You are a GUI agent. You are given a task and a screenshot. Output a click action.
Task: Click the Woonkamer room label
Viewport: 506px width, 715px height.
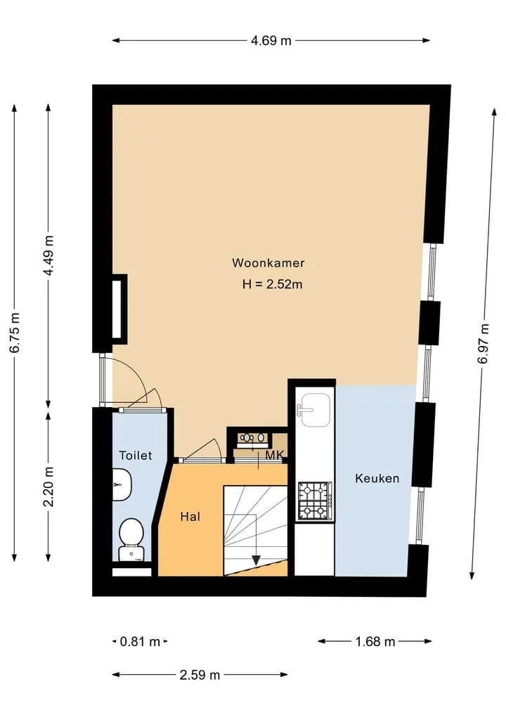[268, 263]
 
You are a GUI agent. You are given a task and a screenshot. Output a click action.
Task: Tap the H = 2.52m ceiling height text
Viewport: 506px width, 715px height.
[272, 285]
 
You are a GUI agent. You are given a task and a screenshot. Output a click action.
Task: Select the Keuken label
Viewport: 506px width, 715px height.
[377, 478]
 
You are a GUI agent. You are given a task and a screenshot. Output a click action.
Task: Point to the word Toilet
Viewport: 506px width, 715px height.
[136, 455]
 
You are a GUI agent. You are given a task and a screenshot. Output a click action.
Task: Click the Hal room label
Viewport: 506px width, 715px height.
[190, 517]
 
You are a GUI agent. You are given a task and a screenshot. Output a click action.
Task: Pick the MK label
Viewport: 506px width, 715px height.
[274, 455]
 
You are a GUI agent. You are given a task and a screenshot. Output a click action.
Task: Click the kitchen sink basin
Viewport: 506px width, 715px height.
[316, 409]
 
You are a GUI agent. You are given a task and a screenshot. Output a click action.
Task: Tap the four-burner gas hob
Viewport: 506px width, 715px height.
[315, 501]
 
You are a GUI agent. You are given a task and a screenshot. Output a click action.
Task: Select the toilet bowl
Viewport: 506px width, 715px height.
[131, 539]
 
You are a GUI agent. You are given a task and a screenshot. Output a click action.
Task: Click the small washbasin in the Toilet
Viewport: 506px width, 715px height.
[122, 484]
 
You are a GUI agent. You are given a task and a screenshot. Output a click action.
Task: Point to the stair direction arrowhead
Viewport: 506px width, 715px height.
[256, 560]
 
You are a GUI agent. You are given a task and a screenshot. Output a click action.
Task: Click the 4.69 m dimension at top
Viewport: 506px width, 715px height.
[271, 41]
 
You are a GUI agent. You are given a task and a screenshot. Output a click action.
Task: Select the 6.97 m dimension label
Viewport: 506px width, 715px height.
[484, 343]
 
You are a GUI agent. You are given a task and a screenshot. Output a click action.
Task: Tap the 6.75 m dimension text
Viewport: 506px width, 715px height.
[15, 333]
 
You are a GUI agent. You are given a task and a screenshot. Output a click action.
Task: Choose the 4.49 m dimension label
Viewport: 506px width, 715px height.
[48, 255]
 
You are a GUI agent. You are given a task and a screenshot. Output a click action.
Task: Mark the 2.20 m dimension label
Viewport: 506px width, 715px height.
[48, 487]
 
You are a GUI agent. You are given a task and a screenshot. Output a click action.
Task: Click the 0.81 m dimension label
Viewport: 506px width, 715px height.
[140, 642]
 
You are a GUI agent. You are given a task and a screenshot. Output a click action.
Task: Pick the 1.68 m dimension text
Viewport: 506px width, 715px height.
[375, 642]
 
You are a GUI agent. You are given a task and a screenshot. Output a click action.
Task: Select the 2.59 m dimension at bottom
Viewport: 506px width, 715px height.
[200, 674]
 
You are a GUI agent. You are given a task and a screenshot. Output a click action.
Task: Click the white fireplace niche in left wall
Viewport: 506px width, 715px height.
[117, 309]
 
